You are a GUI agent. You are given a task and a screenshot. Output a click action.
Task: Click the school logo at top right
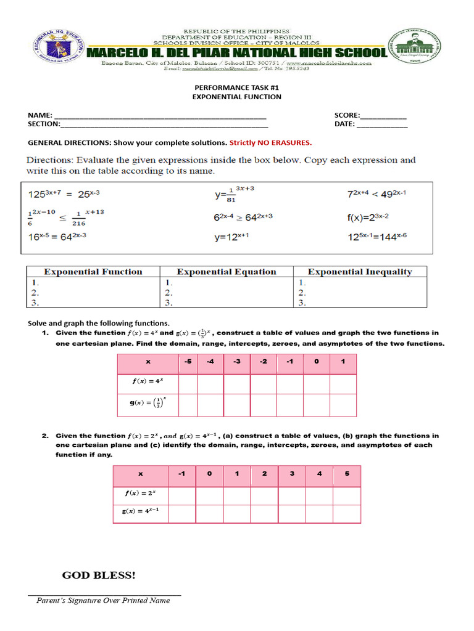(414, 49)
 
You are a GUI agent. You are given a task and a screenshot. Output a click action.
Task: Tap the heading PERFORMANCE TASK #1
(236, 88)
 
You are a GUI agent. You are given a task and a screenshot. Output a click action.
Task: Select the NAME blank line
(160, 116)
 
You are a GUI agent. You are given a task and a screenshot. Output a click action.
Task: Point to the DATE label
(344, 124)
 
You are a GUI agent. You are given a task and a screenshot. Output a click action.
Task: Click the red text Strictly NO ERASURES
(270, 142)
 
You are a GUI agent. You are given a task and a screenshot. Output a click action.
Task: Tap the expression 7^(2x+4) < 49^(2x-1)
(376, 194)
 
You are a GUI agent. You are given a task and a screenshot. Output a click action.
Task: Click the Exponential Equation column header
(227, 272)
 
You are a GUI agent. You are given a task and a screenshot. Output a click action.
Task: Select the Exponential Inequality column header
(360, 272)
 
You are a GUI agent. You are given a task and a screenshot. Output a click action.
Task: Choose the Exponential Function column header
(93, 272)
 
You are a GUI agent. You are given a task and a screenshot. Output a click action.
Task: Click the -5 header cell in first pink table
(188, 362)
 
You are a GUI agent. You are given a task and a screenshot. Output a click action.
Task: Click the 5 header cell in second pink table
(347, 474)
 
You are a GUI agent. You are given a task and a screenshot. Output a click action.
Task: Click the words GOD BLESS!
(99, 575)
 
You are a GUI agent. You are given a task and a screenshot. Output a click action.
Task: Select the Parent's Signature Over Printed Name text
(103, 600)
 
